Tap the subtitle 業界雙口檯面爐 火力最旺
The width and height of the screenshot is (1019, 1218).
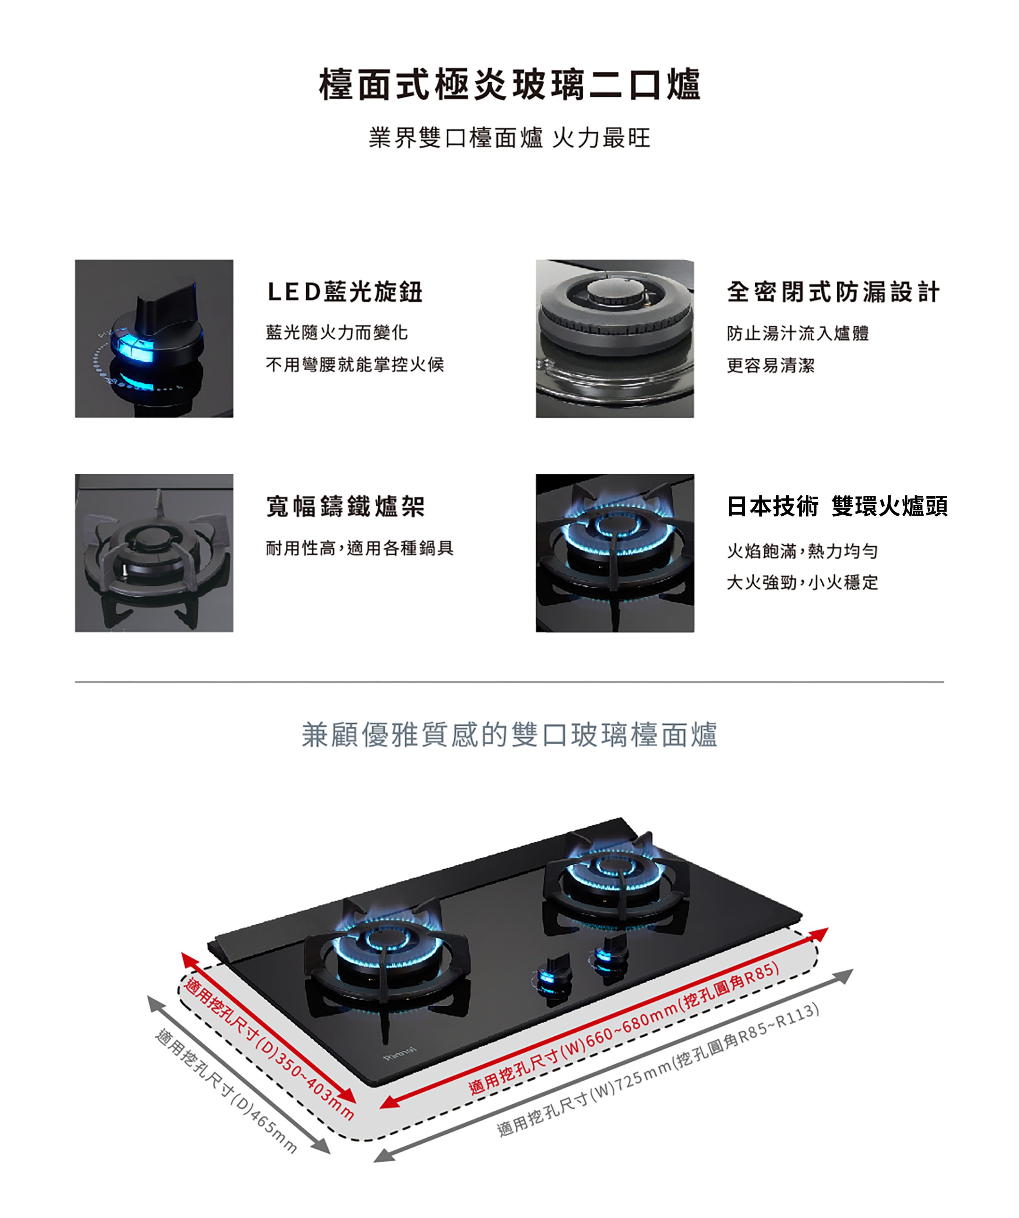pos(509,138)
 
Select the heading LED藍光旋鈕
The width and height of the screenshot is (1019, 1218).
pos(345,291)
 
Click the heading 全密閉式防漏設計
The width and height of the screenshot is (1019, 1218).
pos(833,292)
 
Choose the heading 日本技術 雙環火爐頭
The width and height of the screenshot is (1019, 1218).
pos(837,506)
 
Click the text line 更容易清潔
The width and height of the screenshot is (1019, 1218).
pos(771,365)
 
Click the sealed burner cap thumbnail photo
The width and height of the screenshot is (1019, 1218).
pos(615,339)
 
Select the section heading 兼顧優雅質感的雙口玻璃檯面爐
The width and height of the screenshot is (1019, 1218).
pos(509,734)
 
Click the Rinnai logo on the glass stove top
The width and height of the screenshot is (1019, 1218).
pos(400,1054)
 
